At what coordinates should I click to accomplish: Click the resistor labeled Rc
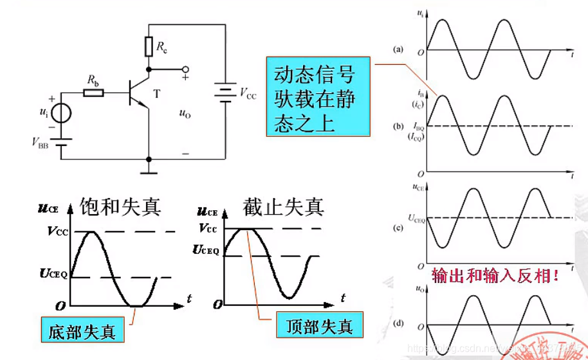click(149, 46)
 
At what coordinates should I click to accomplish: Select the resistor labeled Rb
click(94, 93)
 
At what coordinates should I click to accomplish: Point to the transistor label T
click(156, 94)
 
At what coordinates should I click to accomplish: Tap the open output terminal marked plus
click(185, 69)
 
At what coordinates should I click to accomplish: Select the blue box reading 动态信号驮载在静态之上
click(318, 96)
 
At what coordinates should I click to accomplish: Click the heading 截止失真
click(283, 206)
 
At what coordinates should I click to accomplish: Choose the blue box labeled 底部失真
click(82, 332)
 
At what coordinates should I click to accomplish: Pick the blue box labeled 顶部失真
click(318, 326)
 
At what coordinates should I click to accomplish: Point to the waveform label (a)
click(399, 50)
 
